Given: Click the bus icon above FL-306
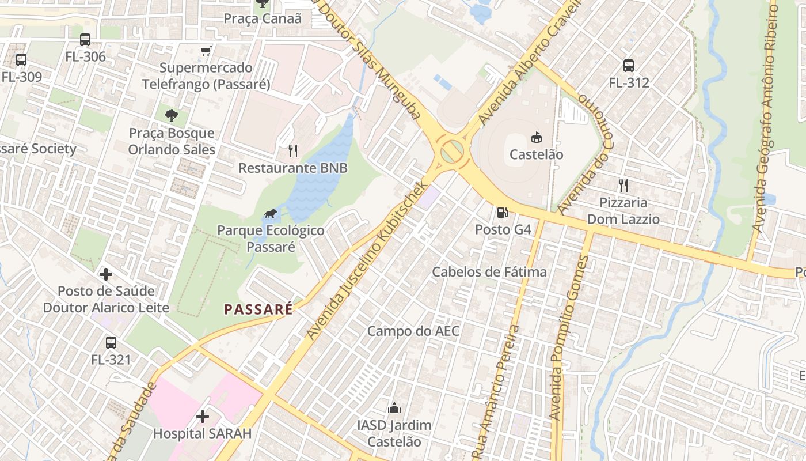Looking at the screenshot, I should [85, 40].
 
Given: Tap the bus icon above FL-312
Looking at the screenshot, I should [629, 66].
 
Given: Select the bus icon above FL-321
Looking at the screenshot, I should [111, 343].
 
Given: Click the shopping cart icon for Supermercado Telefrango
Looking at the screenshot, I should [206, 51].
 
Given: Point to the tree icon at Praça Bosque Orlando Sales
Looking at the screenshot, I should [171, 116].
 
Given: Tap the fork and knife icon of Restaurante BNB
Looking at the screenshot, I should [293, 151].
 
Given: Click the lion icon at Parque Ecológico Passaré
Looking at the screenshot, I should [271, 214].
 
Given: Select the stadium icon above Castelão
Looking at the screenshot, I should [536, 137].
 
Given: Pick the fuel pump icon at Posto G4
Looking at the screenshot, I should [503, 213].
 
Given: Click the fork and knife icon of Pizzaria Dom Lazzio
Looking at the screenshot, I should [623, 186].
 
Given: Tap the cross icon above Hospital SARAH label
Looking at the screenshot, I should [202, 416].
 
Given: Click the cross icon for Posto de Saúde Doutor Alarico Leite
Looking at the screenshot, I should [106, 274].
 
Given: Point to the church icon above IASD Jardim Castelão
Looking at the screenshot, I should [394, 409].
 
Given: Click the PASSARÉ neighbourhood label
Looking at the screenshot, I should [258, 309].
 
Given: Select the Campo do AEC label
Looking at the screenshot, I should [413, 331].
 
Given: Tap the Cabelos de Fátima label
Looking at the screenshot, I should [489, 271].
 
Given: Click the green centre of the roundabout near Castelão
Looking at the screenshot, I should [452, 152].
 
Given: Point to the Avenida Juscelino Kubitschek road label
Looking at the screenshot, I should [368, 260].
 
